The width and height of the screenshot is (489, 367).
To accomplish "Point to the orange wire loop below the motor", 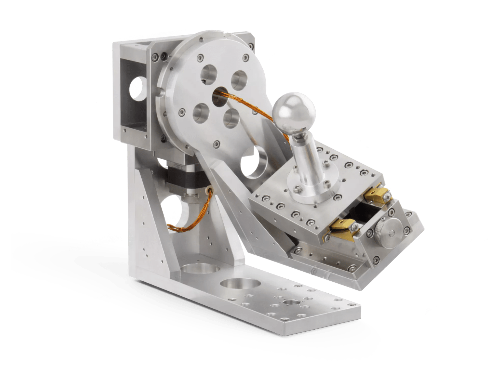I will (x=188, y=219).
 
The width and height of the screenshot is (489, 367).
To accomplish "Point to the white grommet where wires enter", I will (x=210, y=190).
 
